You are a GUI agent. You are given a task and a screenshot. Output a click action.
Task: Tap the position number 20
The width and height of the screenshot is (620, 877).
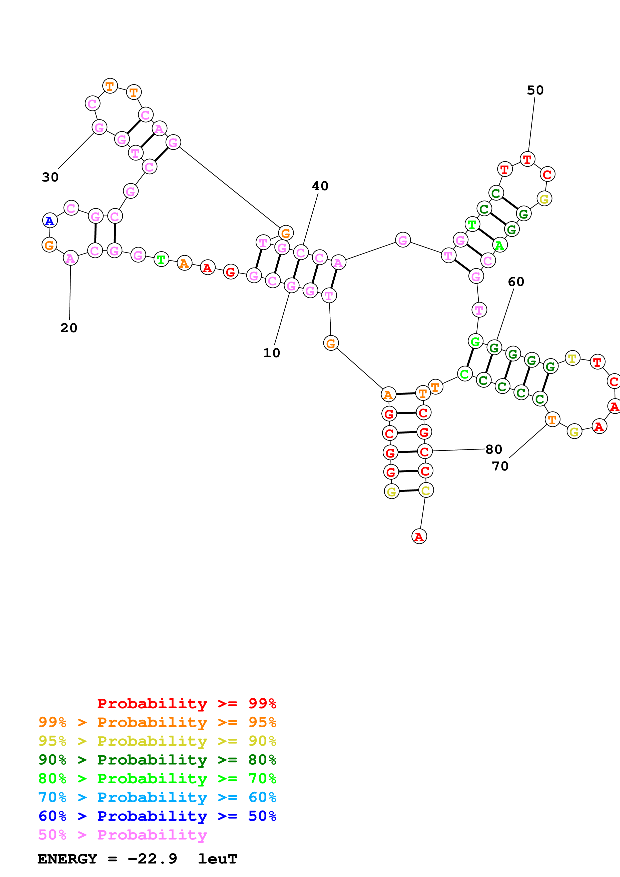click(x=69, y=328)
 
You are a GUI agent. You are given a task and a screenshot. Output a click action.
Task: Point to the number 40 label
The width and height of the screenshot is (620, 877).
click(x=320, y=186)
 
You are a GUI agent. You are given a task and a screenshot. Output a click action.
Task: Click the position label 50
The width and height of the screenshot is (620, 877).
click(x=535, y=90)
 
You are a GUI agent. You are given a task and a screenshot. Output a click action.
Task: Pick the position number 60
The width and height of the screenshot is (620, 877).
click(x=516, y=282)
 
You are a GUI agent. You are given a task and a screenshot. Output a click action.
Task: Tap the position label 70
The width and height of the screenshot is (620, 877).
click(x=500, y=466)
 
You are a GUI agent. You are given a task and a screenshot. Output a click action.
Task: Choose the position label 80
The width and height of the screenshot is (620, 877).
click(x=494, y=449)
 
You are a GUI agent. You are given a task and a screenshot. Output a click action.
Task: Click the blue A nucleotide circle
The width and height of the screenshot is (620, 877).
click(x=50, y=220)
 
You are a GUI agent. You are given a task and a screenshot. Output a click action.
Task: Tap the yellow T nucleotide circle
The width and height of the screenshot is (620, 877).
click(x=572, y=358)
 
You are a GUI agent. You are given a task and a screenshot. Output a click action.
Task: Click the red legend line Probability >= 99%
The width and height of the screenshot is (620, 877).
click(x=186, y=703)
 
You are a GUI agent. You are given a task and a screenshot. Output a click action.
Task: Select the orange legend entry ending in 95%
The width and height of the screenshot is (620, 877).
click(x=157, y=722)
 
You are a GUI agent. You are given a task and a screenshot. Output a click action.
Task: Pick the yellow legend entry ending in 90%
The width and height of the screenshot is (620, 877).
click(x=157, y=741)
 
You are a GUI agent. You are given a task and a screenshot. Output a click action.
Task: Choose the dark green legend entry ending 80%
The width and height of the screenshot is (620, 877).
click(x=157, y=760)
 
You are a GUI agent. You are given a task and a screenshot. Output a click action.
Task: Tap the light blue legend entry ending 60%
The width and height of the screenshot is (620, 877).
click(x=157, y=797)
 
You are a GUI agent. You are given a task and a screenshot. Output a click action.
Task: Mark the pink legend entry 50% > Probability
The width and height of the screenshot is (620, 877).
click(x=123, y=834)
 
